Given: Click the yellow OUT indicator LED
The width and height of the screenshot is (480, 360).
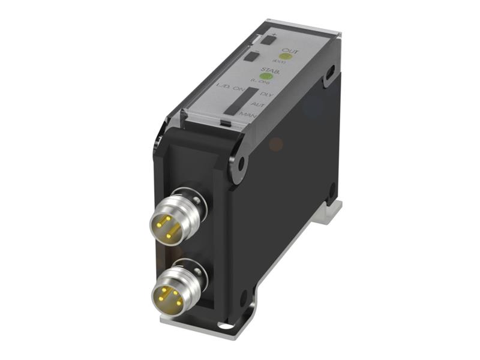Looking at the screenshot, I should coord(286,57).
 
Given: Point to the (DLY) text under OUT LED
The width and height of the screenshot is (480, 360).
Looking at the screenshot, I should coord(279,63).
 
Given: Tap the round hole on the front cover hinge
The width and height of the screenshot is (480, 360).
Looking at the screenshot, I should coord(241,162).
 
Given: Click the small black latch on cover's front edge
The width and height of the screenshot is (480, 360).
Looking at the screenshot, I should coord(224,123).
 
